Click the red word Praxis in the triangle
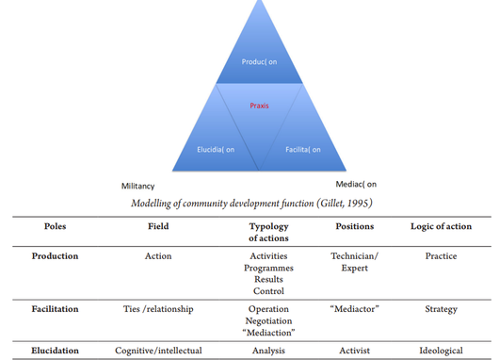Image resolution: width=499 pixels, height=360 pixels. (259, 106)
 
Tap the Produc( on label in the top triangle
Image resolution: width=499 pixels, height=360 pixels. (259, 62)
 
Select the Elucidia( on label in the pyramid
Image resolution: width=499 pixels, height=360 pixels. (216, 150)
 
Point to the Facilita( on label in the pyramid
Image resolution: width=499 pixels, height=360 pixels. (302, 150)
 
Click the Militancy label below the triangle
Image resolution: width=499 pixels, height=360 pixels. (137, 186)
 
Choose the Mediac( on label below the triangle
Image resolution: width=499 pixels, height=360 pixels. (356, 184)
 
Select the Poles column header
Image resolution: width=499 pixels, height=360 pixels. (55, 226)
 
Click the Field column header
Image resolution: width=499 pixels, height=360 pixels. (158, 226)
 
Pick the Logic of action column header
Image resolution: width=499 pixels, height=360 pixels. (441, 226)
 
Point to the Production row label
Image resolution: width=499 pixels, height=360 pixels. (55, 256)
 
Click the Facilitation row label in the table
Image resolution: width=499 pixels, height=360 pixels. (55, 309)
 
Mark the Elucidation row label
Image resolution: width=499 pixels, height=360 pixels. (55, 351)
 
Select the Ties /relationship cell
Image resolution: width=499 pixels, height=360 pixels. (158, 309)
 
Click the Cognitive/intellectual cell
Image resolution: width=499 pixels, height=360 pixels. (158, 351)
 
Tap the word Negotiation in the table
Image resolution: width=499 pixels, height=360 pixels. (268, 320)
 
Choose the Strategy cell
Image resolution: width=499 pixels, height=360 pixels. (441, 309)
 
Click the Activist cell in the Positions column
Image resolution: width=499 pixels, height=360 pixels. (355, 351)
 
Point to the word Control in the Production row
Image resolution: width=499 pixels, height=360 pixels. (268, 291)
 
